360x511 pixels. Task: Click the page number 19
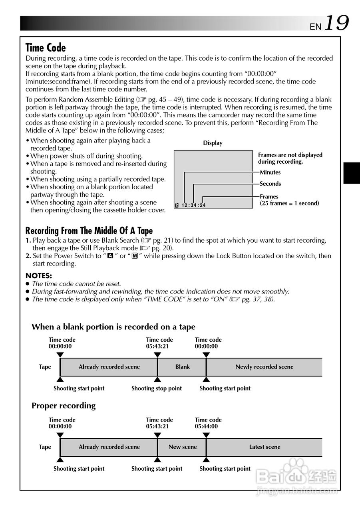(x=336, y=23)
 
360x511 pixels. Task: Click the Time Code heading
(x=46, y=48)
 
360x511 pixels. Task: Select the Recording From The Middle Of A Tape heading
(x=89, y=231)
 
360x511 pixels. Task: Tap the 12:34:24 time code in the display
(x=193, y=206)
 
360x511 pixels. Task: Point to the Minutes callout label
(x=270, y=172)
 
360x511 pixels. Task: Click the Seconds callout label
(x=270, y=184)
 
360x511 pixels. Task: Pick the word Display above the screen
(x=213, y=143)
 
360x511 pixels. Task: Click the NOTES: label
(x=39, y=275)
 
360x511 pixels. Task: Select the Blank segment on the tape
(x=182, y=367)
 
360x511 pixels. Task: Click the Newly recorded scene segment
(x=264, y=367)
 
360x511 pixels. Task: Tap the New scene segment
(x=182, y=447)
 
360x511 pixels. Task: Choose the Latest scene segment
(x=265, y=447)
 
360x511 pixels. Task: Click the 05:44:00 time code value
(x=206, y=426)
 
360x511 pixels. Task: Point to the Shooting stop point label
(x=157, y=388)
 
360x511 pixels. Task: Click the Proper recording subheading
(x=64, y=406)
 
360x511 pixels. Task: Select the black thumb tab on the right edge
(x=352, y=173)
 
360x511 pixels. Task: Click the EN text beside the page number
(x=315, y=27)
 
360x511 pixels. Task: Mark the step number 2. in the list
(x=28, y=256)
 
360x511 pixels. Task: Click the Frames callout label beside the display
(x=269, y=196)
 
